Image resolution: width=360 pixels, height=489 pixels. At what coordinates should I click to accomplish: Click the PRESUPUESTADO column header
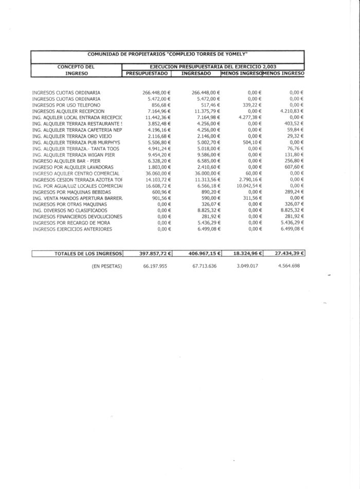147,74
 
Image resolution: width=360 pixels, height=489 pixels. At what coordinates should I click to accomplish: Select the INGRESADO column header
196,74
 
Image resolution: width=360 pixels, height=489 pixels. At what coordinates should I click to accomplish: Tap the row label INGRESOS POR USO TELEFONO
66,105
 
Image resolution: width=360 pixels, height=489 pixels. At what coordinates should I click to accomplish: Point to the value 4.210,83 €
292,111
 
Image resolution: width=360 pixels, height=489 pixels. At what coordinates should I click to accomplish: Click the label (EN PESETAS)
107,266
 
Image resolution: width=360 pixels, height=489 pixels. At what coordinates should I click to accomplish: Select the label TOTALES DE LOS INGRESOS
88,253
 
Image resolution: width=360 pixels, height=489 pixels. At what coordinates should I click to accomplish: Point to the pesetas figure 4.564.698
287,266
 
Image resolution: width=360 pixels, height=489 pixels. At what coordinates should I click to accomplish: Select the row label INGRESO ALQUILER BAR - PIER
67,161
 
